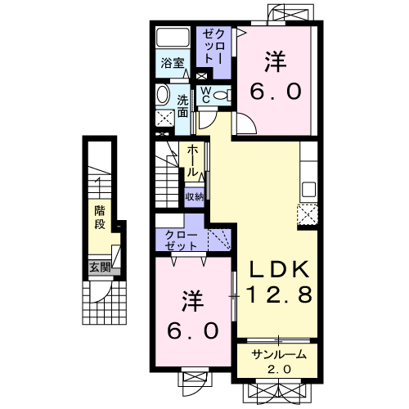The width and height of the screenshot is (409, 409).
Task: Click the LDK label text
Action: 279,269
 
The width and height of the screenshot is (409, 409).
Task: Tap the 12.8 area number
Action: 279,294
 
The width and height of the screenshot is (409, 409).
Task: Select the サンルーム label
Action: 279,355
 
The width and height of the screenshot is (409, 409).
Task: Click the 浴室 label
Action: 173,63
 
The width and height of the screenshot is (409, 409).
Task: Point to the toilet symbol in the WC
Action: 222,96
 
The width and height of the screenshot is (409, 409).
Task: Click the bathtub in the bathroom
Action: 173,37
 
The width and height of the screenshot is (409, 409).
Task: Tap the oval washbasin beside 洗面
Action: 163,95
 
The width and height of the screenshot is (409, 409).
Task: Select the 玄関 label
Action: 101,267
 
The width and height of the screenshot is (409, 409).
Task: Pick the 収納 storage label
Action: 195,197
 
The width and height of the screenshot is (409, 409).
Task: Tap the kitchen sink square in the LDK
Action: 308,189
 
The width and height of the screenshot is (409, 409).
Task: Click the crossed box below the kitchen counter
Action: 308,214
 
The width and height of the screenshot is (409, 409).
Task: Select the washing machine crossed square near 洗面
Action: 165,118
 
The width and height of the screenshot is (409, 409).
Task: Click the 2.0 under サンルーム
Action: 279,370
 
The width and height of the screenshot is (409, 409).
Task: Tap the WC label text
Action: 206,95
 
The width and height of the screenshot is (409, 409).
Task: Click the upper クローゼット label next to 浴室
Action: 213,47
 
